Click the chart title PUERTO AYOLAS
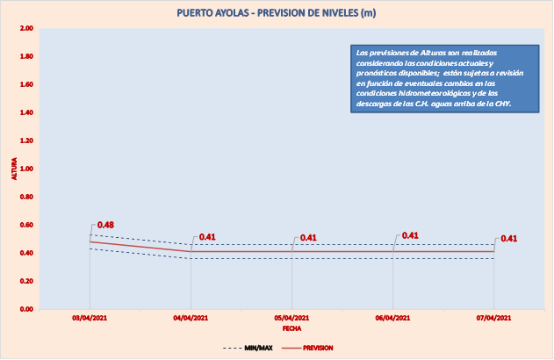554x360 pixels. (x=277, y=13)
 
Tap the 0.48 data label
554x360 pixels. (x=106, y=225)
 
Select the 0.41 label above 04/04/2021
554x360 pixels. (x=207, y=237)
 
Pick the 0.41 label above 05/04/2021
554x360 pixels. (x=308, y=237)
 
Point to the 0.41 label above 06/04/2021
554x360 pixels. (x=409, y=235)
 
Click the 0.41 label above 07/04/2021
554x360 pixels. (x=509, y=238)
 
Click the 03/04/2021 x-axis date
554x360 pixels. (x=90, y=318)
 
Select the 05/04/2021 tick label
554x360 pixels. (x=291, y=318)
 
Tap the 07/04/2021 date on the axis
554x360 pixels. (x=493, y=318)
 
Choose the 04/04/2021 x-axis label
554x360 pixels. (x=191, y=318)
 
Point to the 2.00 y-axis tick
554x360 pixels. (x=26, y=29)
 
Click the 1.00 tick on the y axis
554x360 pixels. (x=26, y=169)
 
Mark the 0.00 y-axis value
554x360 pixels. (x=26, y=309)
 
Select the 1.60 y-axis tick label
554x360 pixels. (x=26, y=85)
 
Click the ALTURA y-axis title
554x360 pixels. (x=12, y=169)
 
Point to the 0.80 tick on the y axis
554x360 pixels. (x=26, y=197)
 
